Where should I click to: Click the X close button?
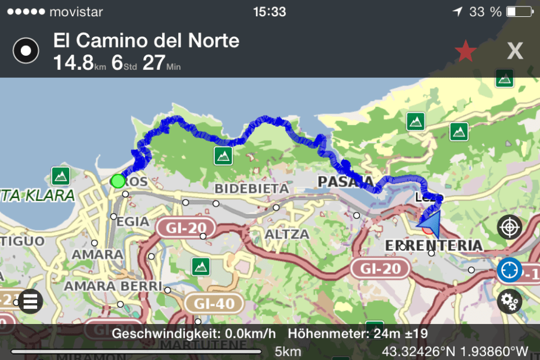514,51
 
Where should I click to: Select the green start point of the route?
118,181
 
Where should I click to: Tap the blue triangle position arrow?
429,222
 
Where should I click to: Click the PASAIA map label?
345,182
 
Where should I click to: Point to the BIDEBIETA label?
251,189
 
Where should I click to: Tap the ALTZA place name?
286,234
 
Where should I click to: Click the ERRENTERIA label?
434,245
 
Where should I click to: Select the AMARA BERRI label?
113,286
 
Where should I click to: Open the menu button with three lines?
31,301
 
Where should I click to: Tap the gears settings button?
509,301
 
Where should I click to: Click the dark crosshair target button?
509,227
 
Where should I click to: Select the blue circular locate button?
509,270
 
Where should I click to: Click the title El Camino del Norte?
146,41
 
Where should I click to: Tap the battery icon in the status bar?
519,12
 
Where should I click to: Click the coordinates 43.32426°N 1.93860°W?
455,351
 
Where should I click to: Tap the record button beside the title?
26,51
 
